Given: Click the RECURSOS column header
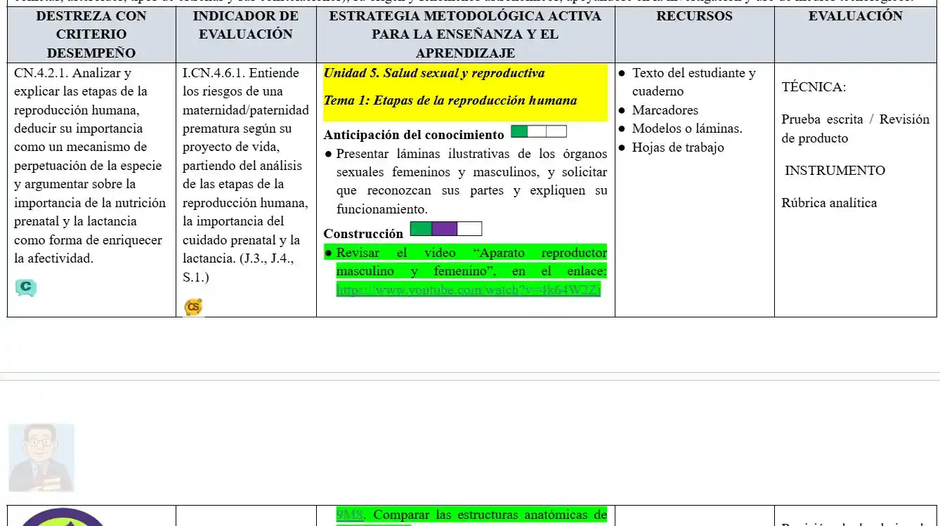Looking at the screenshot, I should tap(694, 16).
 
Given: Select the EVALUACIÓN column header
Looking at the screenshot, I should tap(855, 16).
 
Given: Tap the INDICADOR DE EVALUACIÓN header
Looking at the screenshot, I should tap(246, 25).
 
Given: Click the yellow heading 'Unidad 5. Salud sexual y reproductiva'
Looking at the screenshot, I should tap(433, 73).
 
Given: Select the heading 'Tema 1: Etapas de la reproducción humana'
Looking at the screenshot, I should tap(450, 100).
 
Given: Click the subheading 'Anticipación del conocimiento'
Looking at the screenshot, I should tap(414, 135).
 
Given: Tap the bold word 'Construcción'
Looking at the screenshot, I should tap(363, 233).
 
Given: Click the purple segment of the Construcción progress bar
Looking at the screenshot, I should tap(444, 229).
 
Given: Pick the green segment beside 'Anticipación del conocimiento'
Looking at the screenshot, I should tap(519, 131).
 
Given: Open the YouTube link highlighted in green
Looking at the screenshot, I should tap(469, 289).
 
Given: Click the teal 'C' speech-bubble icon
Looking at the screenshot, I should tap(26, 287).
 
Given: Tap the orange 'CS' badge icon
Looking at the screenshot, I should tap(193, 307).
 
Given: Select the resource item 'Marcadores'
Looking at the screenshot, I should tap(665, 110).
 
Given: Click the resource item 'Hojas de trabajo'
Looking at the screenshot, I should tap(677, 147).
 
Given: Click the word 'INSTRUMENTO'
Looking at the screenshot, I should tap(835, 171).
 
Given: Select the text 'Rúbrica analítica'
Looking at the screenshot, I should tap(829, 203).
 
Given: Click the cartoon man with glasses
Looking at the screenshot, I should tap(41, 457).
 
